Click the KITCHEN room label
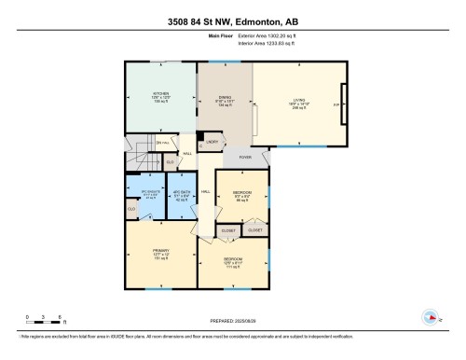[160, 93]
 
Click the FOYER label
[245, 158]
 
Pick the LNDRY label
[213, 142]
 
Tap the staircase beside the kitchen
[138, 145]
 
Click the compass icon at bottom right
[430, 315]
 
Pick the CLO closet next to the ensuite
[131, 210]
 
